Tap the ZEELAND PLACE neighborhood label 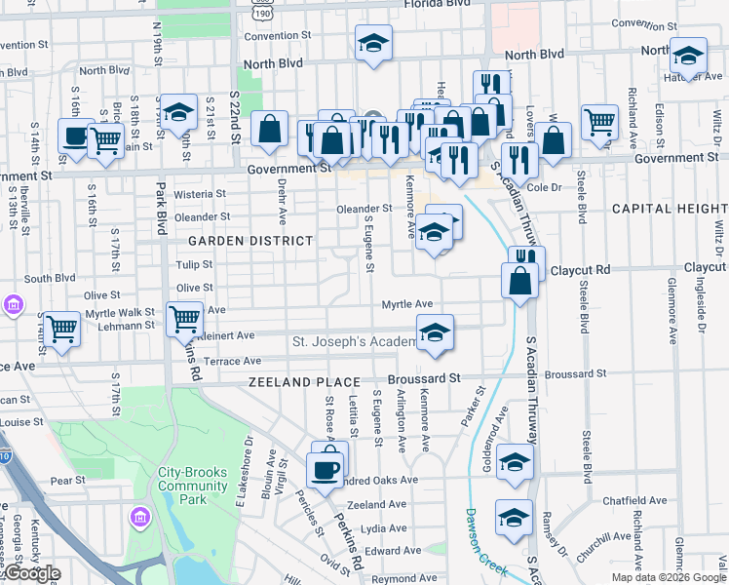point(303,382)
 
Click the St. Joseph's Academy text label point(354,342)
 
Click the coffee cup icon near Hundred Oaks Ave point(325,468)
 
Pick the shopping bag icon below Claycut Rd point(519,280)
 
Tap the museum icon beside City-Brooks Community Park point(139,516)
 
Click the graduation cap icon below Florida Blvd point(372,43)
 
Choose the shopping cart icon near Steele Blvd point(600,122)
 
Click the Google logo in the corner point(31,574)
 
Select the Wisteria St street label point(200,194)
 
